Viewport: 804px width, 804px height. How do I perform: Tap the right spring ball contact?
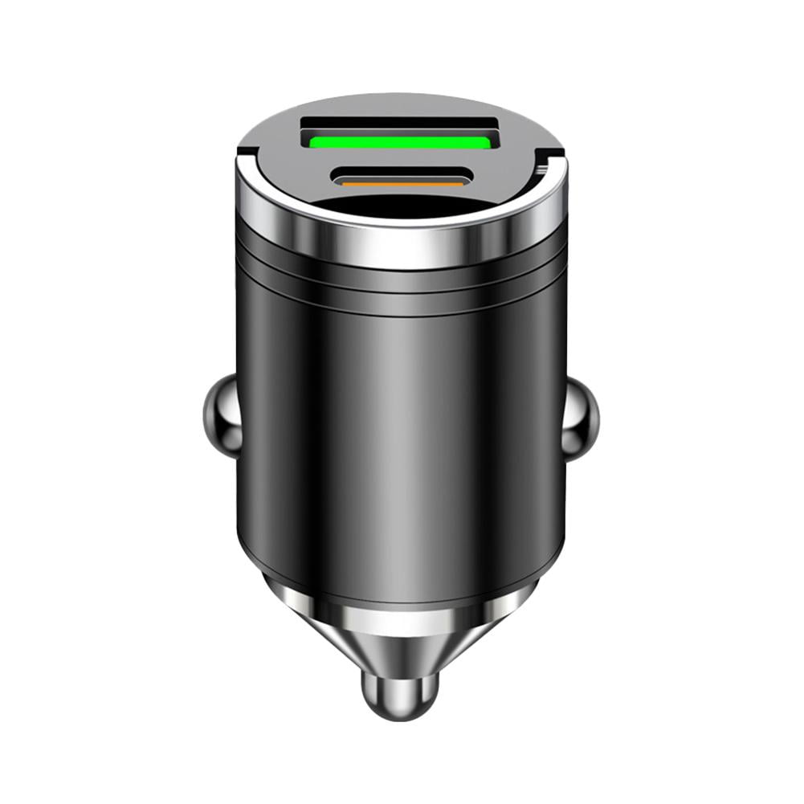(x=581, y=419)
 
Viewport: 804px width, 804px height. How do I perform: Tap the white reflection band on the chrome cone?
(x=399, y=618)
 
